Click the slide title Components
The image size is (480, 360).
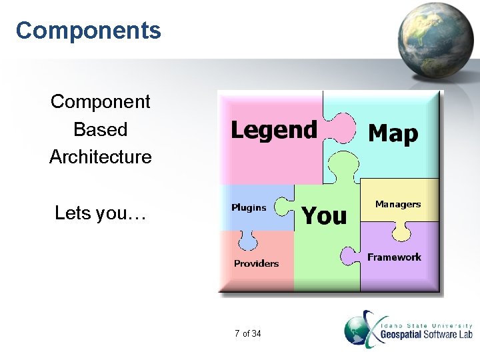(88, 31)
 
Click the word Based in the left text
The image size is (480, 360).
(100, 129)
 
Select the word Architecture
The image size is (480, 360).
(100, 157)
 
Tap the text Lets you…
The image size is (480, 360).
(100, 213)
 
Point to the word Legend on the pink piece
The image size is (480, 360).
(273, 129)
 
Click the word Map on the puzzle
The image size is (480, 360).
(393, 133)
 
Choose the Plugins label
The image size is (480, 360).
(249, 207)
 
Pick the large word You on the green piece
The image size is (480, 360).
(325, 215)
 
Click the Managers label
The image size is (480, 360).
(398, 204)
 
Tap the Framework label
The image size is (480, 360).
(395, 257)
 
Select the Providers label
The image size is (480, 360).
(256, 263)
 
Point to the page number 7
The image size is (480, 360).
(237, 333)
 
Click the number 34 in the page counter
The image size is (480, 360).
(257, 333)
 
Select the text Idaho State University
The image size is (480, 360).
(427, 325)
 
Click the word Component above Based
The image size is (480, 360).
(100, 101)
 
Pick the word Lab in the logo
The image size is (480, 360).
(465, 334)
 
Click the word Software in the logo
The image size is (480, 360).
(440, 334)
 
